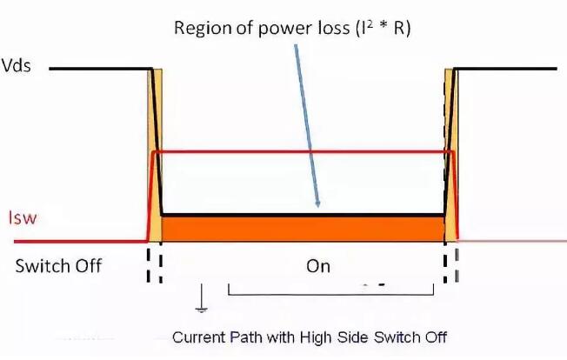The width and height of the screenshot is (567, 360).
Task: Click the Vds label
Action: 17,67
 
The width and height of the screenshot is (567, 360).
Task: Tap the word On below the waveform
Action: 319,266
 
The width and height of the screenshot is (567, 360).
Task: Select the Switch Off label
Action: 58,266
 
